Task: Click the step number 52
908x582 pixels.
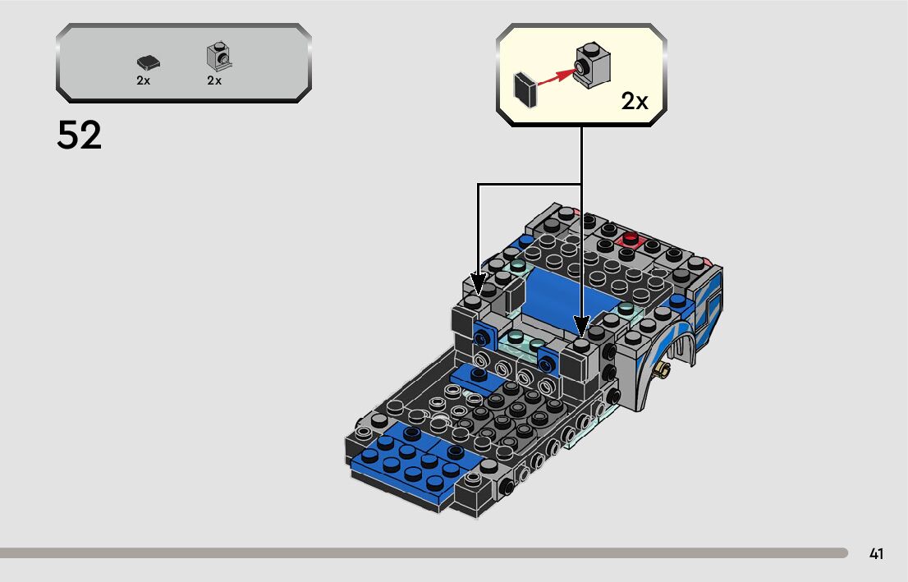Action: [80, 135]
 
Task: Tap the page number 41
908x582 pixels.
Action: [876, 553]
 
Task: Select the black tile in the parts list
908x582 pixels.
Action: [149, 62]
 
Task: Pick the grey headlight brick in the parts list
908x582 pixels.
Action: [218, 57]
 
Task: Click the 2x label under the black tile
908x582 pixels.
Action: [143, 81]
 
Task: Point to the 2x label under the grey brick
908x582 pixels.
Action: [214, 81]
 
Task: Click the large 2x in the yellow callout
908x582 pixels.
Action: [635, 101]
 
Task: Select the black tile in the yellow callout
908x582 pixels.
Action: [525, 89]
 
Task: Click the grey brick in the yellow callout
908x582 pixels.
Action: [593, 64]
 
